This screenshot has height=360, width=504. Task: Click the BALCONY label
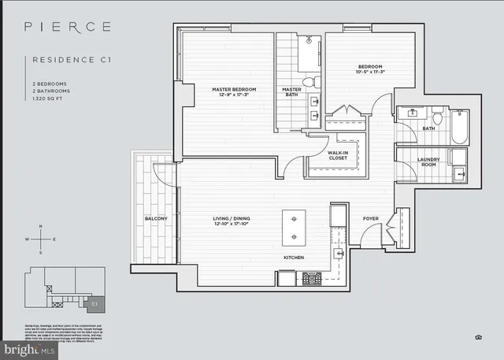[x=154, y=219]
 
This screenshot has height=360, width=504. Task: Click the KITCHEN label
[x=294, y=258]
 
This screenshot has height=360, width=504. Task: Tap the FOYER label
[x=371, y=218]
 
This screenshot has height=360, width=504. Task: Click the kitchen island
[x=294, y=225]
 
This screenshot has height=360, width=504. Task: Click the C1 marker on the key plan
[x=94, y=302]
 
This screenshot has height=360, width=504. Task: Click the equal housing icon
[x=478, y=336]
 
